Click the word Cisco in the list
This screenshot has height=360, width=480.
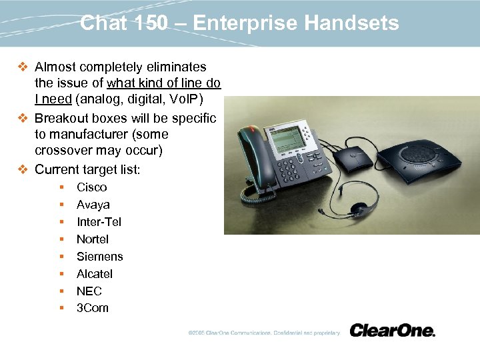(x=91, y=187)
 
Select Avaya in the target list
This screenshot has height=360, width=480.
(x=93, y=205)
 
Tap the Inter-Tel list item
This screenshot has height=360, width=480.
(x=99, y=222)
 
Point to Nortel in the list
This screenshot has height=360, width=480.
(x=92, y=239)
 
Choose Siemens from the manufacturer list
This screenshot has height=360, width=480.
(x=99, y=257)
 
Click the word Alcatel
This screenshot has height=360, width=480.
(x=94, y=274)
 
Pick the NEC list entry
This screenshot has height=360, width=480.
(x=89, y=291)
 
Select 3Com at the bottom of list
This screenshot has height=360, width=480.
(x=92, y=308)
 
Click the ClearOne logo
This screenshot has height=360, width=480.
(x=392, y=331)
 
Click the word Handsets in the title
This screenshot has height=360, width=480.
(x=351, y=24)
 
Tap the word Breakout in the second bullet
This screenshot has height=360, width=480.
(x=62, y=119)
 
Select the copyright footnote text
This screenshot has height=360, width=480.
(x=263, y=333)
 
